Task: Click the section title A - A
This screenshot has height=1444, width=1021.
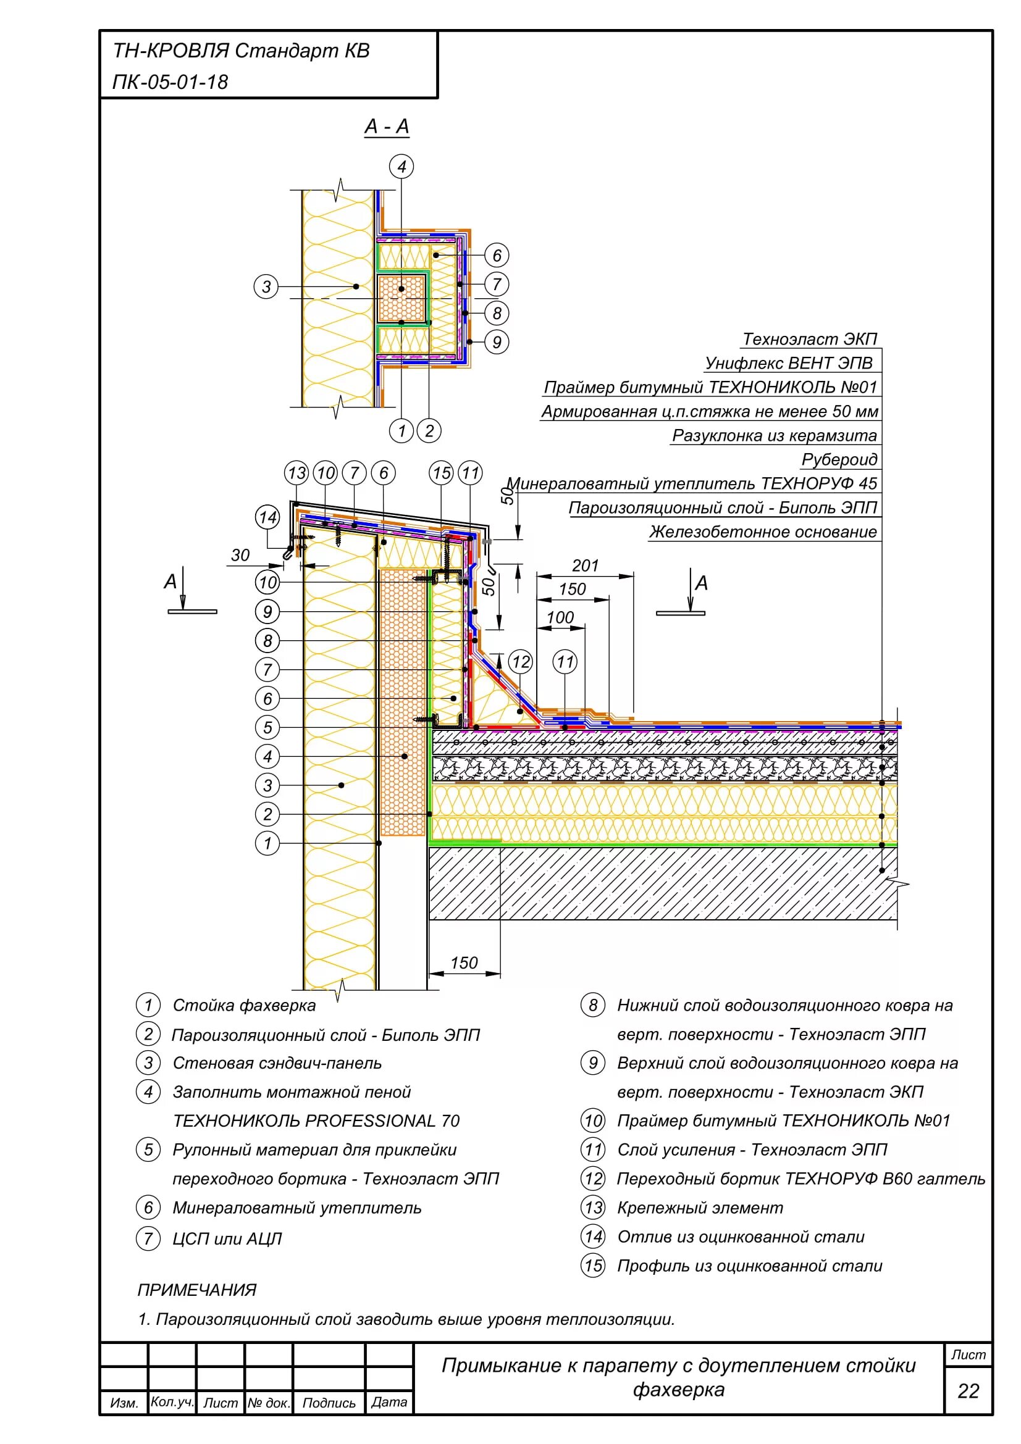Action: [386, 127]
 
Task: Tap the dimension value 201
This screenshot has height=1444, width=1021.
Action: [584, 565]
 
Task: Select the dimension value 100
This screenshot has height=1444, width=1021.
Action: [560, 617]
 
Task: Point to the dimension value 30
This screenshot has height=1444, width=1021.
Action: [240, 555]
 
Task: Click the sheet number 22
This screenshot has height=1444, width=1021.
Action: [968, 1390]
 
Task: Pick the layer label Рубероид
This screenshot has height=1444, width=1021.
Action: [839, 459]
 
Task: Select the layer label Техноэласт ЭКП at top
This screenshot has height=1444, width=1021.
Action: [809, 339]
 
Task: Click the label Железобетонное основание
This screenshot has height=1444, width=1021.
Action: [762, 532]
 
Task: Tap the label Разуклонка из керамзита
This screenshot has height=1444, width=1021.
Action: [774, 435]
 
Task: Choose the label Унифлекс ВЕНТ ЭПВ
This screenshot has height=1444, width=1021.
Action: [788, 363]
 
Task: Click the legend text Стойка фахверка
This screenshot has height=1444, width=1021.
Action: [244, 1005]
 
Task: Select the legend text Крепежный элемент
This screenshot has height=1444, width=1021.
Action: [700, 1208]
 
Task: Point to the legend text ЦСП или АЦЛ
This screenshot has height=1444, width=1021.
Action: [227, 1238]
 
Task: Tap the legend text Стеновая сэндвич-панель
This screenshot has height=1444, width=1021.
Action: [277, 1063]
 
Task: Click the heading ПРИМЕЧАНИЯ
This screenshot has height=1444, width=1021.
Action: [197, 1290]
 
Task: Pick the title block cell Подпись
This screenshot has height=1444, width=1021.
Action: [329, 1403]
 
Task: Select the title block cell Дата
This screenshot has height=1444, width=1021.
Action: [389, 1402]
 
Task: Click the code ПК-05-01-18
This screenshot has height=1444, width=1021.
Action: [170, 81]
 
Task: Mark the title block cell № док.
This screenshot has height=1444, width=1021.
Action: [269, 1403]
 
